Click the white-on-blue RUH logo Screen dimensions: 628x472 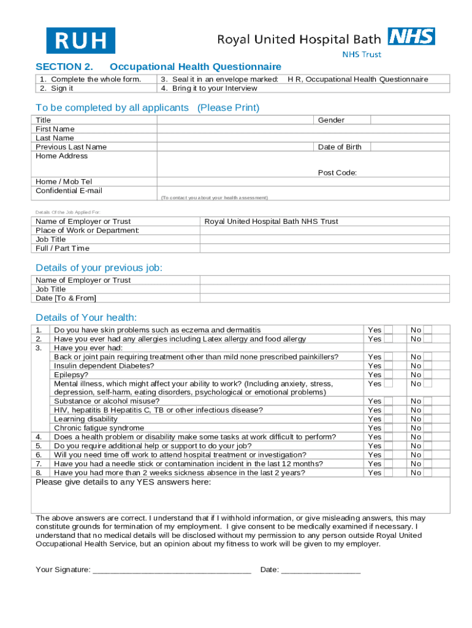80,40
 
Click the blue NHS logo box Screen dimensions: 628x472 411,37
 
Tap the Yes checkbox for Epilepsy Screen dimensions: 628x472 388,375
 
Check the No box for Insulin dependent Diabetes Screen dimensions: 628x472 428,366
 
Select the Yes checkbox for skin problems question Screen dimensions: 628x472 388,330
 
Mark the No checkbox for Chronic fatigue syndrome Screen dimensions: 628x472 428,428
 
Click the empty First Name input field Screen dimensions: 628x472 236,129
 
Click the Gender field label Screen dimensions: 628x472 331,120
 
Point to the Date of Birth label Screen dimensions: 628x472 340,147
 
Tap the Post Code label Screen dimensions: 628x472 337,173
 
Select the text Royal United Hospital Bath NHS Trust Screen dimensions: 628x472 271,221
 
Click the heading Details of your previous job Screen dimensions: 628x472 99,268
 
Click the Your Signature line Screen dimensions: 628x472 172,570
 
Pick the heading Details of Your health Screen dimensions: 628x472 86,317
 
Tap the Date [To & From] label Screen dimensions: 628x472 66,298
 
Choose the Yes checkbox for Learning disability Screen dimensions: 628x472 388,419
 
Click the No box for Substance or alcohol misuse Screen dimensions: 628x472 428,401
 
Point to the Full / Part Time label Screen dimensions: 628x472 63,248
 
